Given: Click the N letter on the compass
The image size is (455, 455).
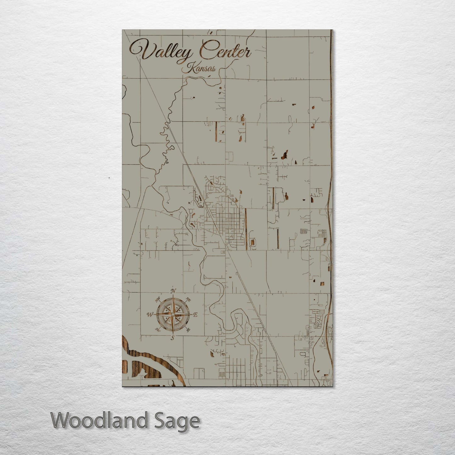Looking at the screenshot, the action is point(173,291).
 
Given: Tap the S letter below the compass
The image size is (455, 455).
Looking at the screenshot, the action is point(172,338).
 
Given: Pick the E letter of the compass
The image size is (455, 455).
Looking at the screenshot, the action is point(195,315).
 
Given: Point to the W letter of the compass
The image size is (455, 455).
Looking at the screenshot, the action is point(150,314).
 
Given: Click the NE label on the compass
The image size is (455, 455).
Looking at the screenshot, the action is point(189,299).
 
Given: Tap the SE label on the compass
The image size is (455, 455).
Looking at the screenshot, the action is point(188,330).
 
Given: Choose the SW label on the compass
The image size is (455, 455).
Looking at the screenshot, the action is point(157,330).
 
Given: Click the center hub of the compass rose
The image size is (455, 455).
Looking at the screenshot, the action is point(173,314).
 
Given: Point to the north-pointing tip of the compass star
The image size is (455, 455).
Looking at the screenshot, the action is point(173,296).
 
